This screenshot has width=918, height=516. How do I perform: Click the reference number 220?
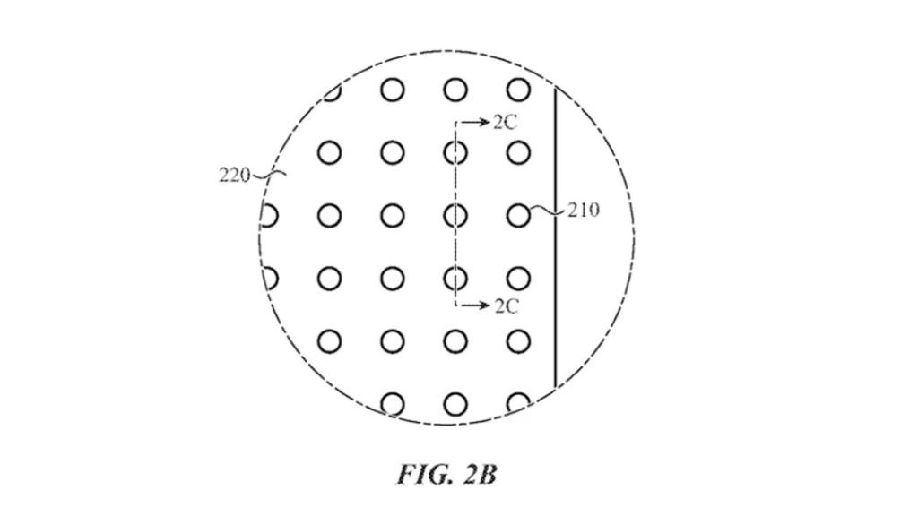[x=234, y=175]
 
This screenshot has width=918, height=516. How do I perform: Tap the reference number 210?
[x=583, y=210]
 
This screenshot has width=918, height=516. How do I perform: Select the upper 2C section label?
[x=505, y=122]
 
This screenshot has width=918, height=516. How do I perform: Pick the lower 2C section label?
[x=506, y=306]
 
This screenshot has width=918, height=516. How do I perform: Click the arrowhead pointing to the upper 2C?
[x=484, y=122]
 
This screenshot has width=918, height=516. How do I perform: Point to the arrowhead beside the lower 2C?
[x=484, y=305]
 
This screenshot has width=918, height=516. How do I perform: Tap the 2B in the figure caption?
[x=480, y=474]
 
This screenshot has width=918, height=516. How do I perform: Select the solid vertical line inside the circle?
[x=555, y=236]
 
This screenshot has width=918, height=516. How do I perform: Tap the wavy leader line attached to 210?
[x=549, y=211]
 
